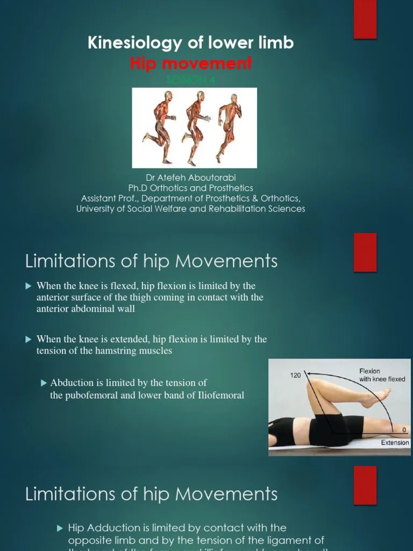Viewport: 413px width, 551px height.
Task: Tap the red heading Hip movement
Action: [191, 63]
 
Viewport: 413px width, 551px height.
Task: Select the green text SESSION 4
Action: [191, 80]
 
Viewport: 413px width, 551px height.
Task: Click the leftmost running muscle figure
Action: [159, 126]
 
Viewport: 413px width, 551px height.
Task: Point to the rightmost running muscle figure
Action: [230, 126]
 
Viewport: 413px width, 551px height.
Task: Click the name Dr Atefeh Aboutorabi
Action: [191, 178]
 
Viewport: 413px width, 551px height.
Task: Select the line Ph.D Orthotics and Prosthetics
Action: [191, 188]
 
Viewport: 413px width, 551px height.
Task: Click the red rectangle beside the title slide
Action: [365, 19]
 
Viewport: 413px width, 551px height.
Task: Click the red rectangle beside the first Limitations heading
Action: [365, 252]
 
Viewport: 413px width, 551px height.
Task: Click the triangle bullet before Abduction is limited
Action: [44, 383]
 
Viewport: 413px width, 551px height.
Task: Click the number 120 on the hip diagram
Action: [296, 375]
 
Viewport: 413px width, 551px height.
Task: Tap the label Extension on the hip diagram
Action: [395, 443]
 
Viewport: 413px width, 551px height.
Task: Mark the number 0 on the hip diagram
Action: [404, 430]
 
